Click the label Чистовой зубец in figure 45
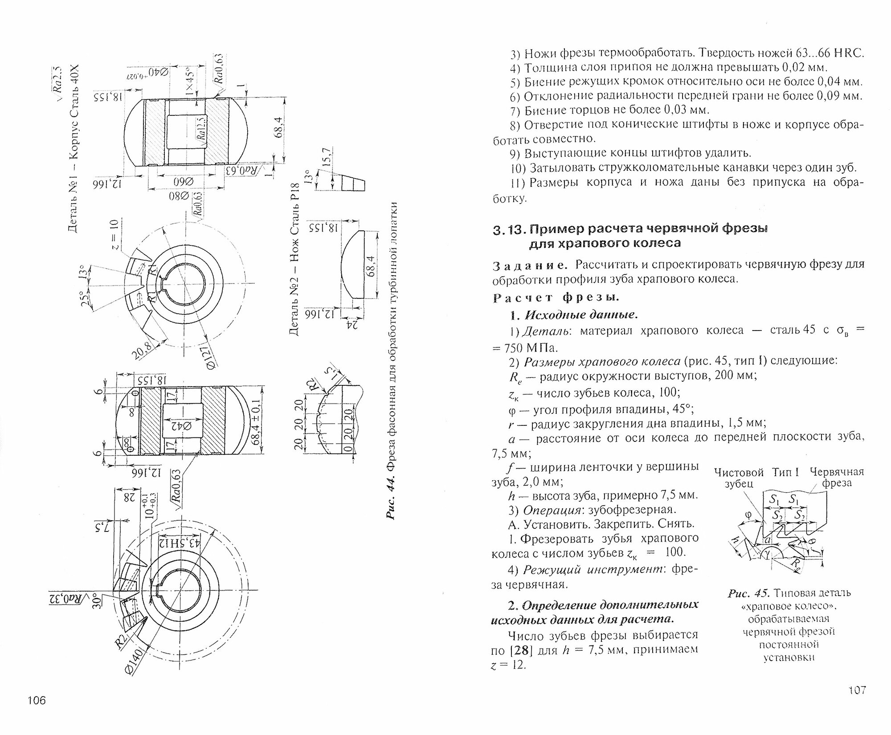coord(739,478)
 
